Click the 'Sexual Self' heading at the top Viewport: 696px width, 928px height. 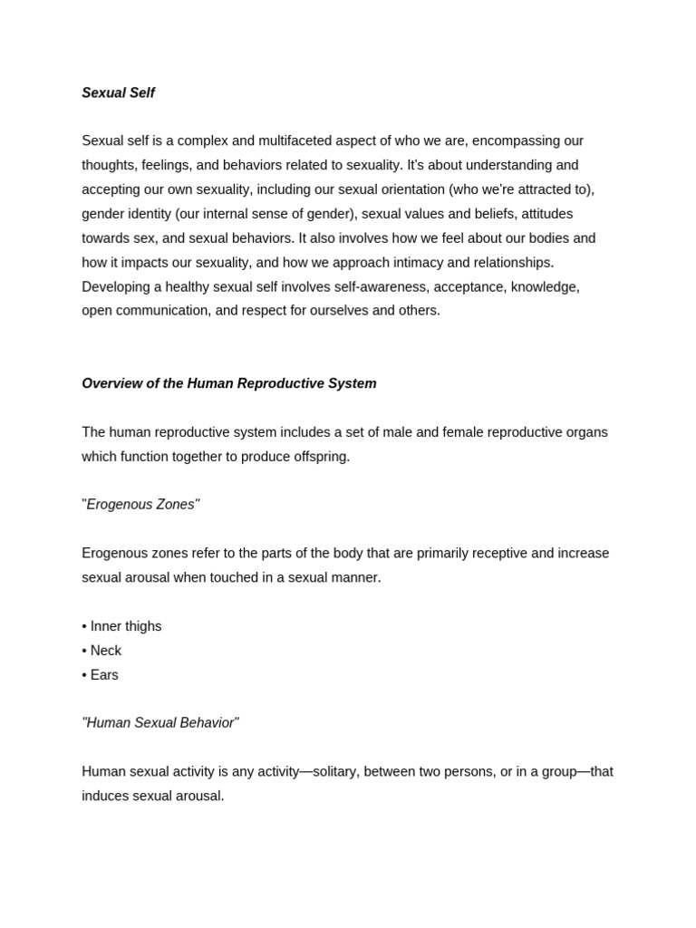coord(118,93)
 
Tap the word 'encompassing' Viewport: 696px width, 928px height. coord(516,141)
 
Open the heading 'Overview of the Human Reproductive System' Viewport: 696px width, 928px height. coord(228,384)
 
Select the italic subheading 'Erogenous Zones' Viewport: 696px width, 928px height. coord(140,505)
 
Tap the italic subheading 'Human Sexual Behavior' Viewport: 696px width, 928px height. coord(159,723)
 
